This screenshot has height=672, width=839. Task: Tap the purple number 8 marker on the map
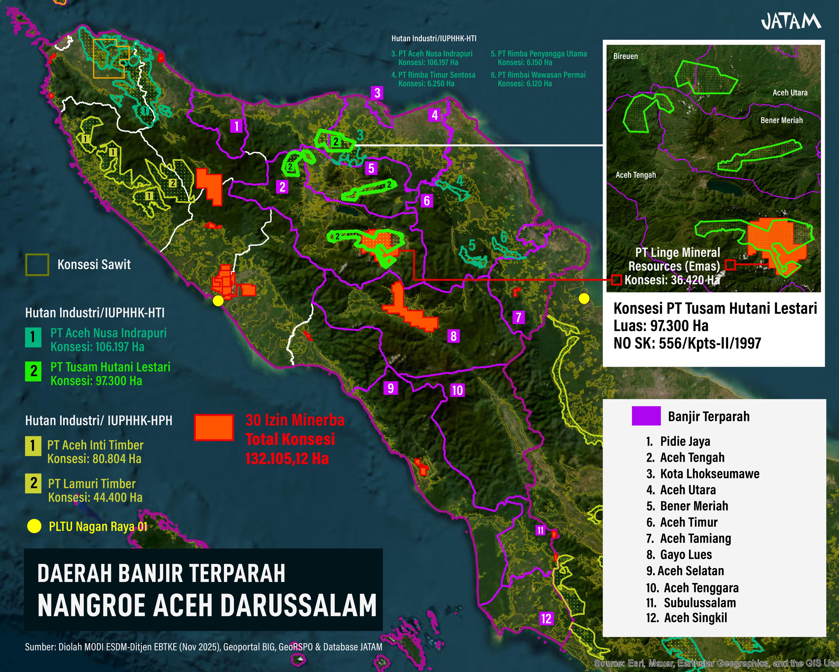tap(453, 336)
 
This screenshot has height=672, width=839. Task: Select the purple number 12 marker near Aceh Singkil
tap(546, 618)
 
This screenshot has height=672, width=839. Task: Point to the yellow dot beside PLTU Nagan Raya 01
tap(34, 526)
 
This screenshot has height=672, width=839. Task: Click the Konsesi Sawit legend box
tap(37, 265)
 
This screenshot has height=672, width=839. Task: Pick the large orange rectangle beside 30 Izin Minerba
tap(214, 427)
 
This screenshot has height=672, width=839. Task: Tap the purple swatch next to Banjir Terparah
tap(646, 416)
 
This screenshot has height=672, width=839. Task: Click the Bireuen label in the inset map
tap(625, 56)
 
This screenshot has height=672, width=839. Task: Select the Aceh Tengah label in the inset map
tap(635, 175)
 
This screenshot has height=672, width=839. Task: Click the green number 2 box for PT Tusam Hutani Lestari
tap(33, 371)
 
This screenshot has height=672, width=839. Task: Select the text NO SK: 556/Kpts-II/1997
tap(687, 343)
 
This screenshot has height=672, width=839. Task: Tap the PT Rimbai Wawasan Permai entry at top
tap(541, 75)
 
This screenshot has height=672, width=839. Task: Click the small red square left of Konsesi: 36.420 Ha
tap(616, 280)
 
